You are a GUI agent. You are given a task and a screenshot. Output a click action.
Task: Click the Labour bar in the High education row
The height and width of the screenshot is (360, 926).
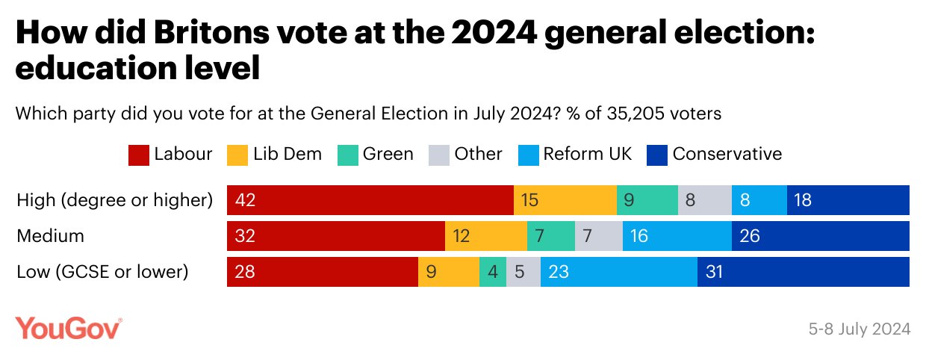click(x=370, y=200)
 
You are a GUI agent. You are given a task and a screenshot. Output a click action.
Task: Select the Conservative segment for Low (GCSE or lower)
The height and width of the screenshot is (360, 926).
click(x=803, y=272)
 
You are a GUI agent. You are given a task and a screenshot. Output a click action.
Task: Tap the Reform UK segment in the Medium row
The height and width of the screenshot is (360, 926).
click(x=677, y=236)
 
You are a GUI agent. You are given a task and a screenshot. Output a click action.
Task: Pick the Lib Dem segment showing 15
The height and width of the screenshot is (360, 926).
click(x=565, y=200)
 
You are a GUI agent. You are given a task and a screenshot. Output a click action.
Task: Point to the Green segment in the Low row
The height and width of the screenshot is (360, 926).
click(x=492, y=272)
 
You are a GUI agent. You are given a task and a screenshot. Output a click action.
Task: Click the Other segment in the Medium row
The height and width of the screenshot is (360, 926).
click(x=598, y=236)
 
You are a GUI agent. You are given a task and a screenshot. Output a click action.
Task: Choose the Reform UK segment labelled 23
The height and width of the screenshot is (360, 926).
click(x=618, y=272)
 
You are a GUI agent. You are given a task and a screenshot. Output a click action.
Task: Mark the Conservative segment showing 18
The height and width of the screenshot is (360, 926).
click(x=848, y=200)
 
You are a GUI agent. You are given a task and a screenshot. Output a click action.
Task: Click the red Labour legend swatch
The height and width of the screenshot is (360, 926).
click(x=139, y=155)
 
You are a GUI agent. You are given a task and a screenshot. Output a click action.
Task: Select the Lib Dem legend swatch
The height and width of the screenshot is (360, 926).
click(x=237, y=155)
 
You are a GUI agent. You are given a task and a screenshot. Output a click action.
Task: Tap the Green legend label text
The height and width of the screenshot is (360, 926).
click(x=388, y=155)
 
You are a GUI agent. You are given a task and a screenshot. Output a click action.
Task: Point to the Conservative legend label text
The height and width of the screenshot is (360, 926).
click(x=727, y=155)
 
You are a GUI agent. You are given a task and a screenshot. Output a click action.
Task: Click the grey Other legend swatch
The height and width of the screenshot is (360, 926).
click(x=438, y=155)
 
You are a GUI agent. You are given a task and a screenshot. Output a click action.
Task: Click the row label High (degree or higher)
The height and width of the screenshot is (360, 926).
click(x=115, y=200)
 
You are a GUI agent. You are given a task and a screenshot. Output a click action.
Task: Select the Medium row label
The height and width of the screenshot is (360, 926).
click(x=50, y=236)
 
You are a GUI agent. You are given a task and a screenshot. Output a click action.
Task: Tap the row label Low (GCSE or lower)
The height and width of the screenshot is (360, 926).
click(x=101, y=272)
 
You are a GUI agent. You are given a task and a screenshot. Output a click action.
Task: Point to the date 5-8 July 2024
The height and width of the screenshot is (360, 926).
click(x=859, y=329)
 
